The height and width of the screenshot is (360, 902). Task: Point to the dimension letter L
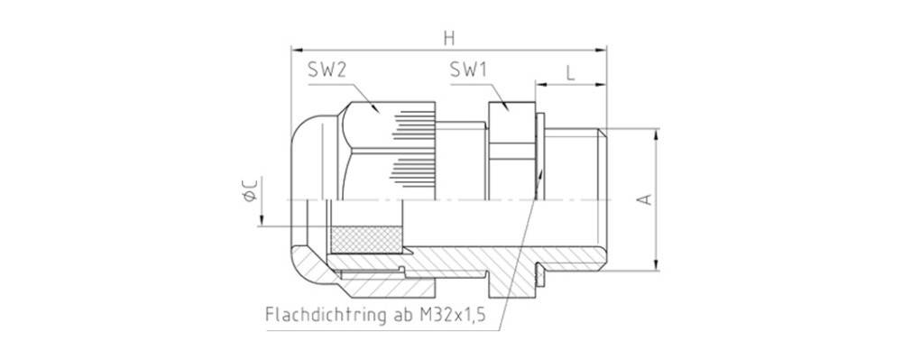571,72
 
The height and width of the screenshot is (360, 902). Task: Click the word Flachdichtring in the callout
322,317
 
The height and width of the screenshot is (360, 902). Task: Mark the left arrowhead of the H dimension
296,51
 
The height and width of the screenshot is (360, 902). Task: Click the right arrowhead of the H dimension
603,51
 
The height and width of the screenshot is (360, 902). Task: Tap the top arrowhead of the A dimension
659,132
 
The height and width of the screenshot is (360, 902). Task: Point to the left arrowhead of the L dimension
538,86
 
